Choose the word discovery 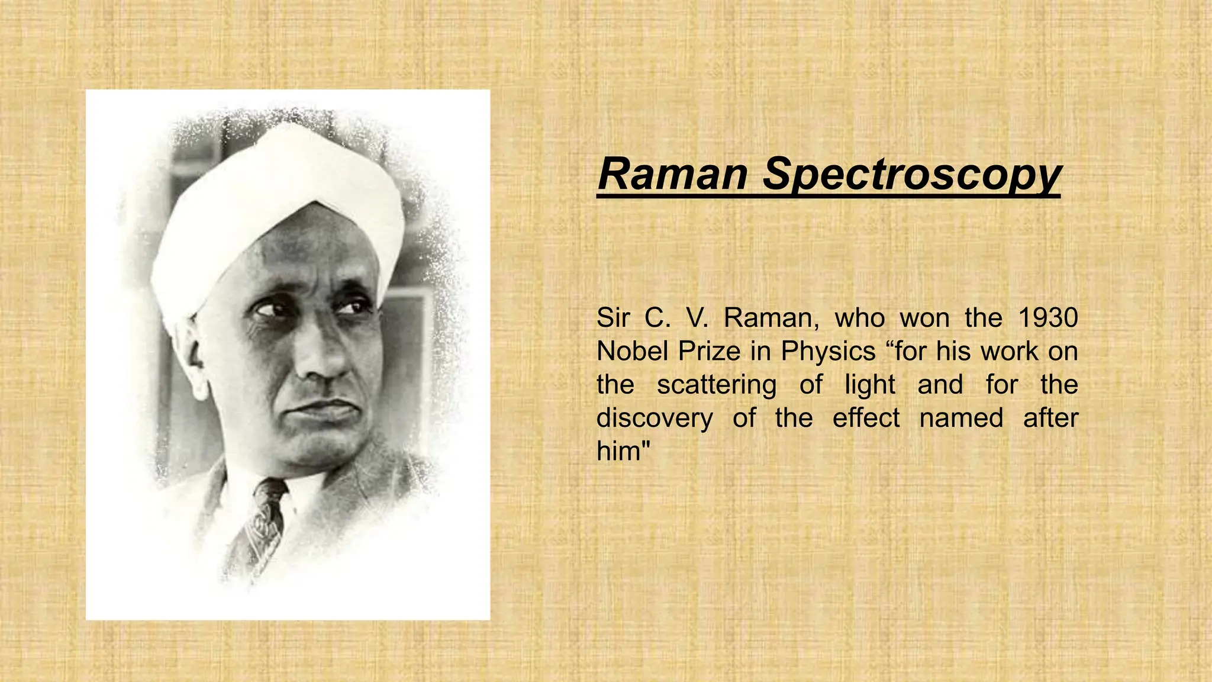(655, 418)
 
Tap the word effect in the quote (866, 418)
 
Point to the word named (961, 418)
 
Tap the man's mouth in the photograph (323, 408)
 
